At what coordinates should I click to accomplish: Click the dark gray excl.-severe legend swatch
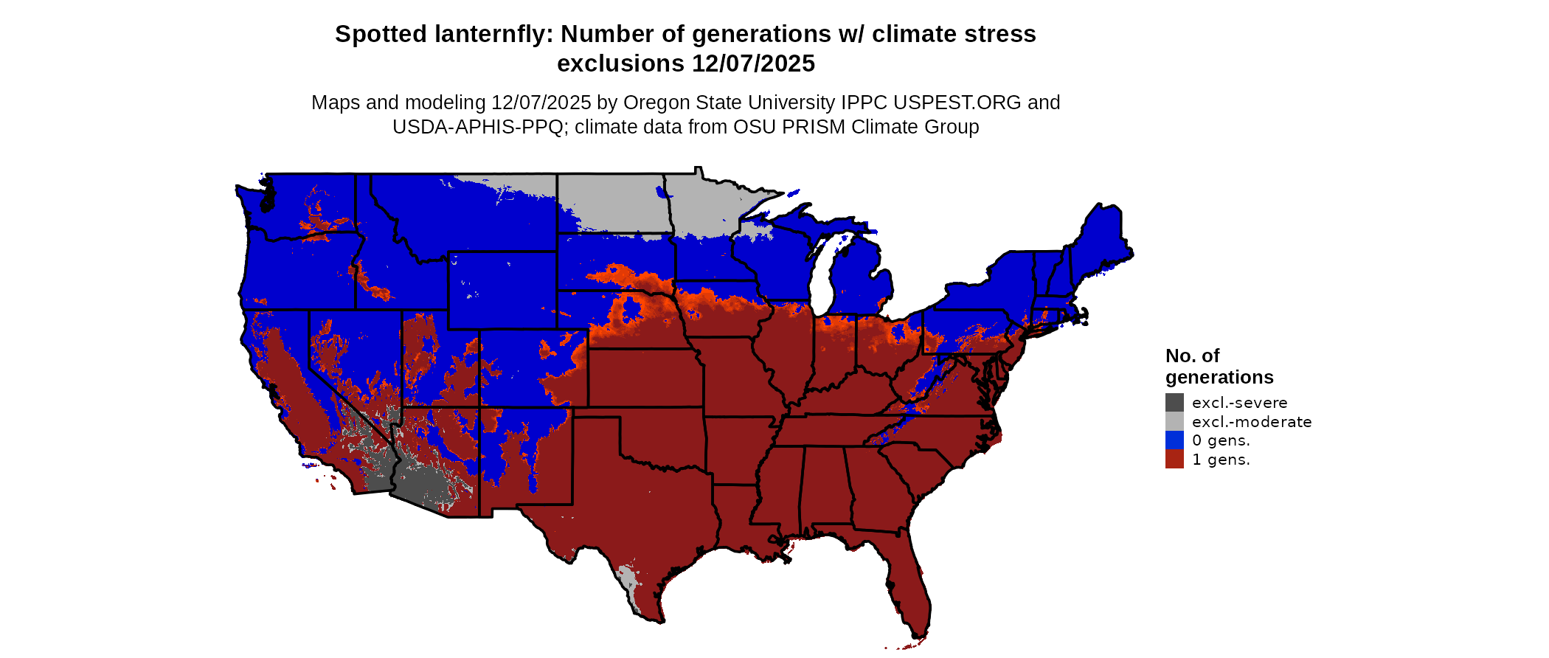click(x=1174, y=402)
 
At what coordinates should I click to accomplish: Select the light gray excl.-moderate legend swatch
click(x=1174, y=421)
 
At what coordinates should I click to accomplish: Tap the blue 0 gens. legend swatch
click(x=1174, y=440)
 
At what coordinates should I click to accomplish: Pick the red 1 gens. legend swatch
click(x=1174, y=460)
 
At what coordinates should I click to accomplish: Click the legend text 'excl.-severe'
click(x=1239, y=403)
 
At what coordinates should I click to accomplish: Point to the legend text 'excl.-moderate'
click(x=1252, y=422)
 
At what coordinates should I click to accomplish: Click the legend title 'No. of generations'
click(x=1219, y=367)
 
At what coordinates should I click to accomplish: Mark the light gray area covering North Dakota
click(x=612, y=199)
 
